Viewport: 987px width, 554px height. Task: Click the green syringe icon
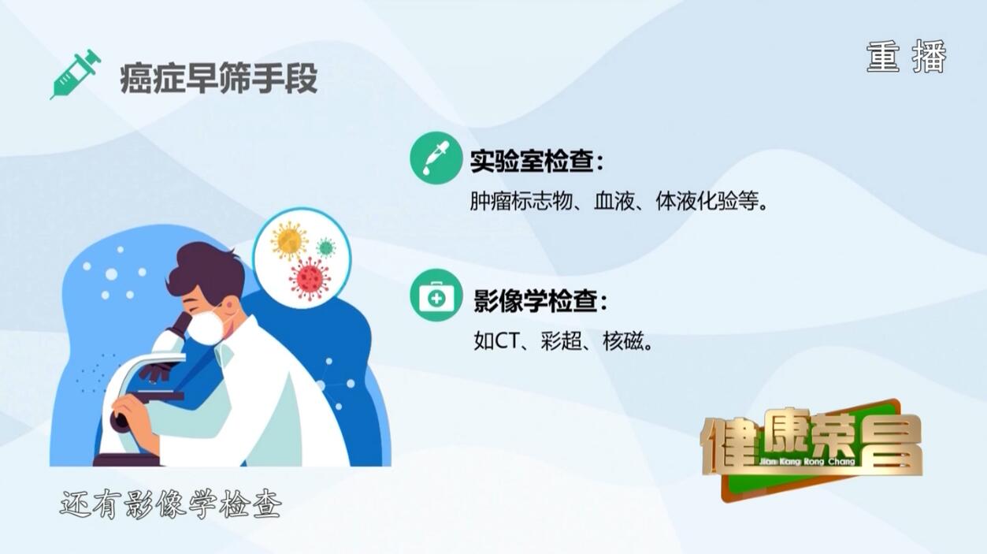pyautogui.click(x=76, y=73)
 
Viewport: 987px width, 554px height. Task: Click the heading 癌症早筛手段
pyautogui.click(x=218, y=79)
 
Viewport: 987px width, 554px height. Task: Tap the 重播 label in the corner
pyautogui.click(x=907, y=57)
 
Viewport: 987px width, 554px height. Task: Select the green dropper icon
pyautogui.click(x=436, y=158)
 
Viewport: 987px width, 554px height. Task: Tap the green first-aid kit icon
pyautogui.click(x=436, y=295)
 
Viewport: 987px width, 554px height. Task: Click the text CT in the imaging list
pyautogui.click(x=506, y=340)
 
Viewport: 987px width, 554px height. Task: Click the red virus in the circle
pyautogui.click(x=310, y=278)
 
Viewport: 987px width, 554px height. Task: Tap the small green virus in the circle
pyautogui.click(x=325, y=247)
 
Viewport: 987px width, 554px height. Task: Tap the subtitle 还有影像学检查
pyautogui.click(x=170, y=504)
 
